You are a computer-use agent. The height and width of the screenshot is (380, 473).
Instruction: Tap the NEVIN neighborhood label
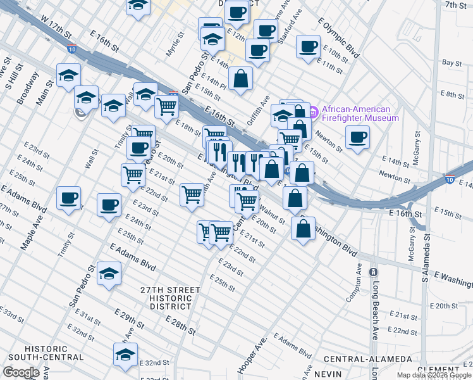328,374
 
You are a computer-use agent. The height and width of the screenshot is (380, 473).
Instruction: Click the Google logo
21,372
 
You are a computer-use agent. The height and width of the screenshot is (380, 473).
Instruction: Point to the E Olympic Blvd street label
339,39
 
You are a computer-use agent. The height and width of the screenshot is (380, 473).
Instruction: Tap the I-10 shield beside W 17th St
71,48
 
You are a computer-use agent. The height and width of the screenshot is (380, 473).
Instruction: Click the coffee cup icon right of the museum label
357,137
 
